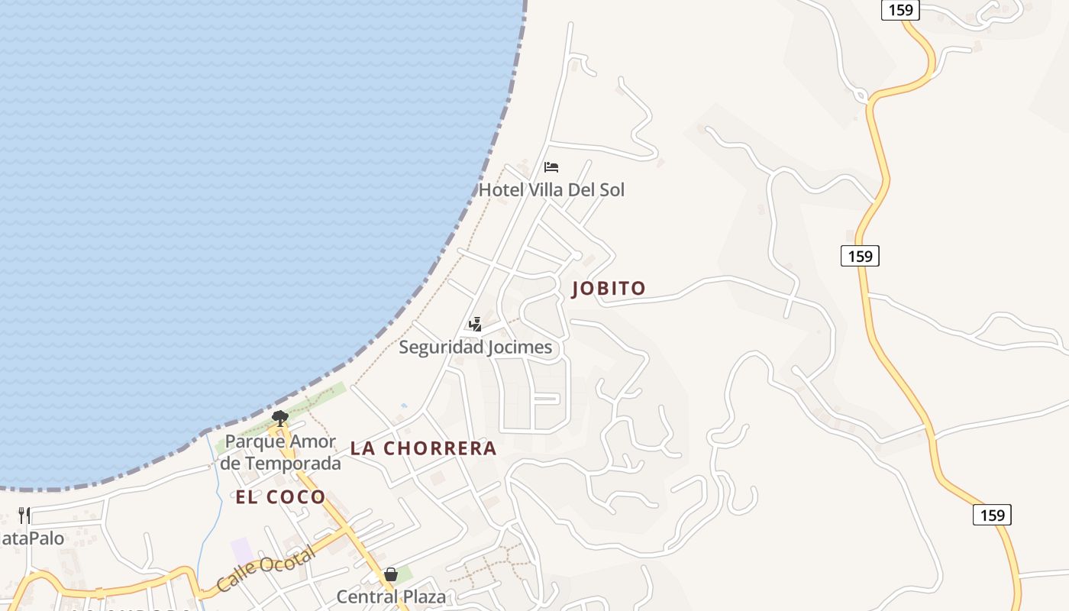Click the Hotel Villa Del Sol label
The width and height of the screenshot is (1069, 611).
(551, 189)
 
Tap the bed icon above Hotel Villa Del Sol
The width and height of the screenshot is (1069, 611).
(551, 167)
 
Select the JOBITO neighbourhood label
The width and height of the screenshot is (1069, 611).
(609, 289)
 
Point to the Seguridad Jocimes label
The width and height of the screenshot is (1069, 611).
(475, 348)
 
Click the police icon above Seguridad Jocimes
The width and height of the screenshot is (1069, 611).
(475, 325)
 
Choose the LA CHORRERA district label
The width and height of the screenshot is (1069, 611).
(423, 448)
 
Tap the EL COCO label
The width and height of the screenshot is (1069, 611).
(280, 497)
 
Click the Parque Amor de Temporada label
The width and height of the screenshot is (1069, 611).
(280, 452)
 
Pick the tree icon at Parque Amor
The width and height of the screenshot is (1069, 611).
(280, 418)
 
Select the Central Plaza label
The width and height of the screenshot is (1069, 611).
(391, 596)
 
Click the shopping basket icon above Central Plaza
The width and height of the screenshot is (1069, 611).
(391, 574)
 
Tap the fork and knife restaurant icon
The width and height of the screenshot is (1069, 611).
(24, 516)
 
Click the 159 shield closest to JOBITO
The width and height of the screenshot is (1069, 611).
(860, 256)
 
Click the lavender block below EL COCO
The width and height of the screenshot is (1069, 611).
(241, 551)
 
